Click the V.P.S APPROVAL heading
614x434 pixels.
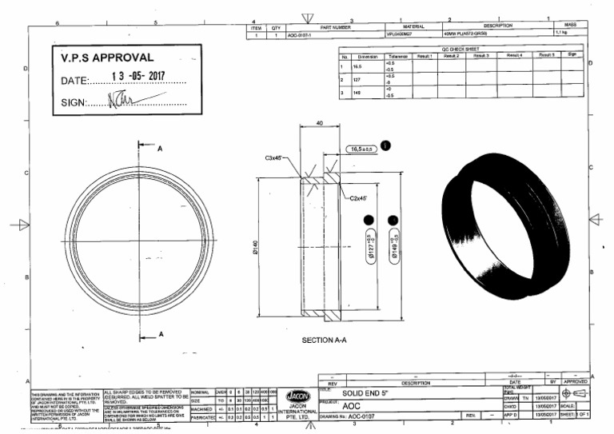point(107,58)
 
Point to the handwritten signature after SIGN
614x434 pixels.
point(135,101)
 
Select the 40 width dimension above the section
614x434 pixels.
point(320,123)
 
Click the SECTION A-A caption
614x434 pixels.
point(324,340)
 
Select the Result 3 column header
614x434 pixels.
point(480,56)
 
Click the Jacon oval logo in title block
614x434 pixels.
point(296,394)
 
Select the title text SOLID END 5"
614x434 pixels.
point(369,394)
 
